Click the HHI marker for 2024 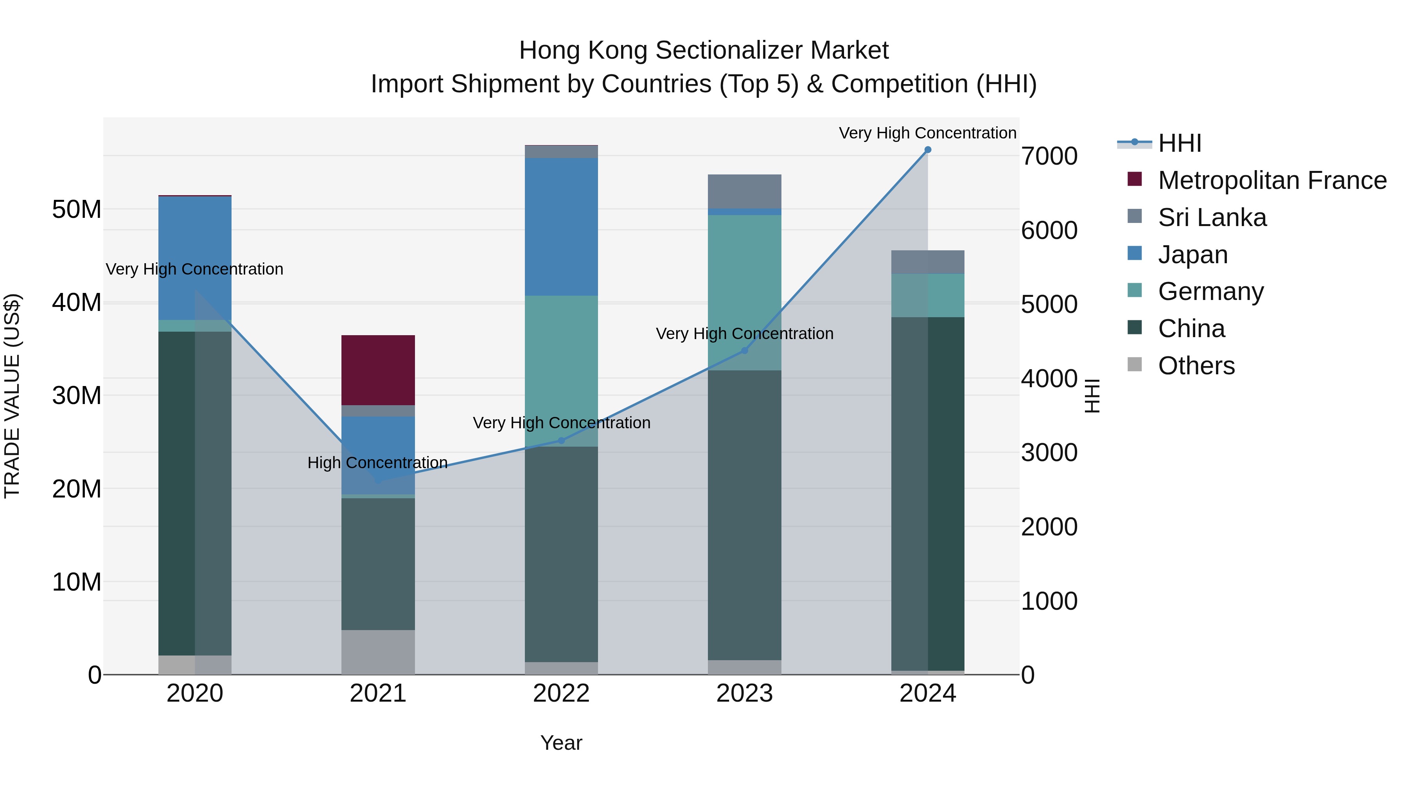[x=928, y=150]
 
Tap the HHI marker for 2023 [x=744, y=350]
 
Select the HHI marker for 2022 [x=561, y=440]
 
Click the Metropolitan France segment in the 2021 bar [x=378, y=370]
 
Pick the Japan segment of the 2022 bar [x=561, y=227]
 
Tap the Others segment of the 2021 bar [x=378, y=652]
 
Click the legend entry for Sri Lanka [x=1212, y=217]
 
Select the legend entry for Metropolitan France [x=1272, y=180]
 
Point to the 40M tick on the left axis [x=77, y=302]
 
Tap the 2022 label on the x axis [x=561, y=693]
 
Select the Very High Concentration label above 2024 [x=928, y=133]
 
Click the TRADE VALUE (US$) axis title [x=13, y=396]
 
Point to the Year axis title [x=561, y=743]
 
